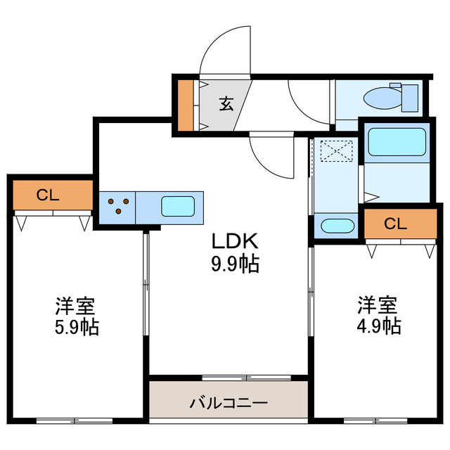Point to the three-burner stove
click(118, 206)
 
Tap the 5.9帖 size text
click(76, 326)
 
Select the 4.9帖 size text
click(378, 326)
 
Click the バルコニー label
click(229, 404)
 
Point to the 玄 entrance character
click(226, 104)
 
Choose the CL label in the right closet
click(395, 224)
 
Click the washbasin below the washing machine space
click(335, 226)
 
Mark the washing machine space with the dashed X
click(335, 150)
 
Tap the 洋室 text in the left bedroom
click(76, 307)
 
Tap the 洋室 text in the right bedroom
click(378, 306)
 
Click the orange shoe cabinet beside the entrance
click(186, 105)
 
